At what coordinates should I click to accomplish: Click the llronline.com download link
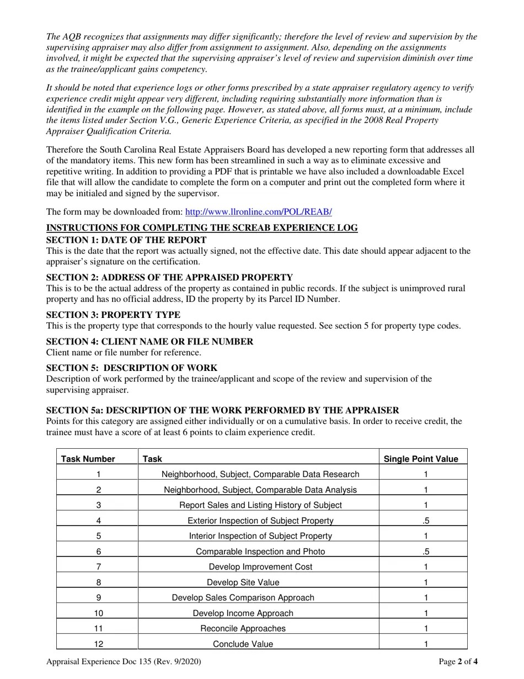pyautogui.click(x=258, y=212)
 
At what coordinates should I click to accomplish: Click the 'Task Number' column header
pyautogui.click(x=88, y=459)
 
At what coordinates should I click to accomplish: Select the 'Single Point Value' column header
pyautogui.click(x=421, y=459)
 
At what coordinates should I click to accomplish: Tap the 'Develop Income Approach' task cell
pyautogui.click(x=243, y=613)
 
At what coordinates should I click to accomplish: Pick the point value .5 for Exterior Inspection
pyautogui.click(x=426, y=521)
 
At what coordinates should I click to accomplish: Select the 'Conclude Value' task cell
pyautogui.click(x=243, y=644)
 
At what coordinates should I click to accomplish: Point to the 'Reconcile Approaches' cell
pyautogui.click(x=243, y=628)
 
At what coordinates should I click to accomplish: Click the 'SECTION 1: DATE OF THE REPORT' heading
pyautogui.click(x=126, y=240)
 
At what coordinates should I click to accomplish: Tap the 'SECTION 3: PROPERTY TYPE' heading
pyautogui.click(x=113, y=315)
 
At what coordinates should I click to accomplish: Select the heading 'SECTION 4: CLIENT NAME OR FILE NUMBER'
pyautogui.click(x=149, y=342)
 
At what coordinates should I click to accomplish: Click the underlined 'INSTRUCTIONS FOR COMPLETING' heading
pyautogui.click(x=202, y=228)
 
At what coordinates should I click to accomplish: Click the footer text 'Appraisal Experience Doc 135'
pyautogui.click(x=124, y=661)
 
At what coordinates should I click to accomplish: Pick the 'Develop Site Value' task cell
pyautogui.click(x=243, y=582)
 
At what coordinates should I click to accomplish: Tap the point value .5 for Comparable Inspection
pyautogui.click(x=426, y=551)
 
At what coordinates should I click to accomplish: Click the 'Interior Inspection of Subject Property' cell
pyautogui.click(x=260, y=536)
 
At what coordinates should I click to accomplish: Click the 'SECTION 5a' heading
pyautogui.click(x=222, y=411)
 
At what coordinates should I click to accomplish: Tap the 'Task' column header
pyautogui.click(x=152, y=459)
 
